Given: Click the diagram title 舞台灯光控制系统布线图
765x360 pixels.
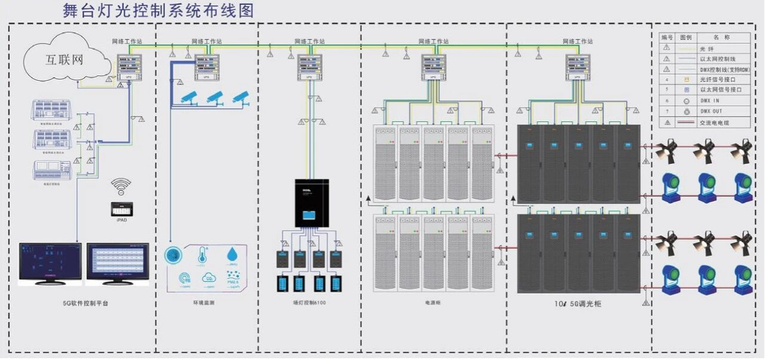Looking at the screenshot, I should tap(158, 10).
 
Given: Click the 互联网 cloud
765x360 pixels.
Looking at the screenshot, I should tap(65, 59).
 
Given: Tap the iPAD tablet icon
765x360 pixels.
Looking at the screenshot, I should tap(121, 209).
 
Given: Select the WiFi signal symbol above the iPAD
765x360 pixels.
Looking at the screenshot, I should tap(121, 186).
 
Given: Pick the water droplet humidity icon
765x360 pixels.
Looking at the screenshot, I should tap(232, 255).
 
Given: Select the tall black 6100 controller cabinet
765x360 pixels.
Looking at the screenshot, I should tap(311, 202).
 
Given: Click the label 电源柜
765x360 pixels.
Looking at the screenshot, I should tap(433, 303).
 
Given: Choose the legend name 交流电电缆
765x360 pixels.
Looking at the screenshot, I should tap(715, 123).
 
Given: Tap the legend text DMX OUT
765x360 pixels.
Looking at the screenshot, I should tap(712, 111).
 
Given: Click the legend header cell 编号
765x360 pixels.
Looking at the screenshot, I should tap(666, 37).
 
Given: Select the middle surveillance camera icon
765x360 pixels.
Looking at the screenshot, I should tap(215, 97).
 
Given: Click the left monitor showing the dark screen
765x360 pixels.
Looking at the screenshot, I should tap(50, 263).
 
